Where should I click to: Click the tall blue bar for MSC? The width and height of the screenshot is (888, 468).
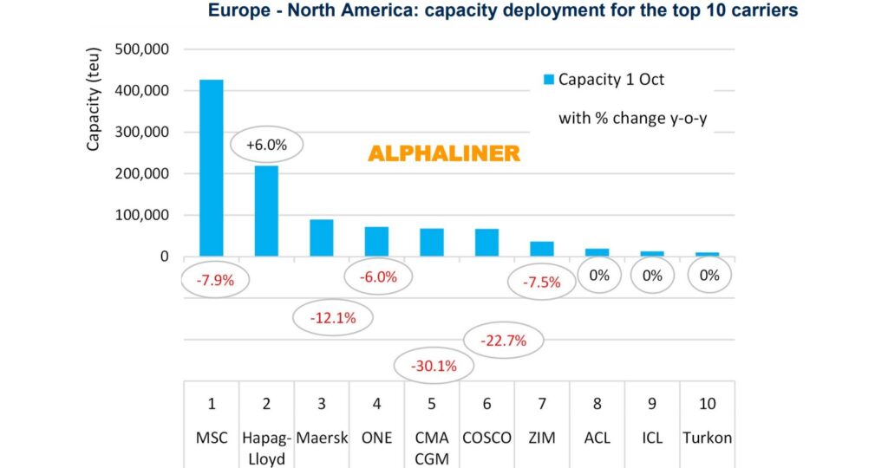(212, 168)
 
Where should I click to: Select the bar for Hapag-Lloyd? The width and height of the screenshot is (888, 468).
(266, 211)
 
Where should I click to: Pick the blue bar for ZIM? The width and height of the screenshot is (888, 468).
(541, 249)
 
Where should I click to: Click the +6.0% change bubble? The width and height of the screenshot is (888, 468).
(267, 146)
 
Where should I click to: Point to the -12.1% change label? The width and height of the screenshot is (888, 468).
(332, 318)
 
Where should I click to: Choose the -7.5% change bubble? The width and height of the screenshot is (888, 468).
(541, 281)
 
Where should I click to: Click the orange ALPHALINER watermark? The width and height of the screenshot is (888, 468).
(444, 154)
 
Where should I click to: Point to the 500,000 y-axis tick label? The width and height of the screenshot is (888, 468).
(139, 49)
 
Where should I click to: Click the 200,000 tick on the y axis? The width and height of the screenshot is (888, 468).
(139, 174)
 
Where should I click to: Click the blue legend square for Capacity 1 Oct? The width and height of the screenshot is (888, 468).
(548, 81)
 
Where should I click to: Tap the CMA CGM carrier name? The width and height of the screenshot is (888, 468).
(431, 447)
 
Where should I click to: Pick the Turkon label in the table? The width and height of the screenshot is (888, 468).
(707, 438)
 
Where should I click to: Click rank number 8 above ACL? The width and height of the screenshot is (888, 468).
(597, 404)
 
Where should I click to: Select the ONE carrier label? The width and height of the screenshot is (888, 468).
(376, 438)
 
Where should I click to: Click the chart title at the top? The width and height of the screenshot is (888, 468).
(502, 11)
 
